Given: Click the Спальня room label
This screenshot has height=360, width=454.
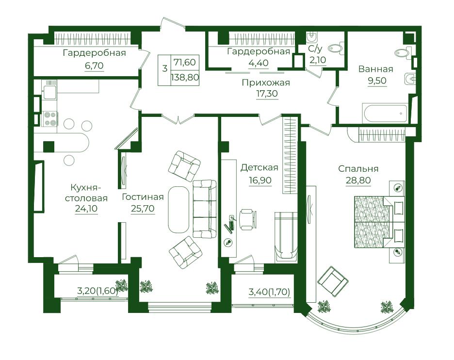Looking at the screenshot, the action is pyautogui.click(x=358, y=168).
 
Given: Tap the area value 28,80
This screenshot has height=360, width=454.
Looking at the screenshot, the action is pyautogui.click(x=358, y=180).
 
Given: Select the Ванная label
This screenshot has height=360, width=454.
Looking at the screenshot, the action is pyautogui.click(x=375, y=69).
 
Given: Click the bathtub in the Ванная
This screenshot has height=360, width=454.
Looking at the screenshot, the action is pyautogui.click(x=386, y=114).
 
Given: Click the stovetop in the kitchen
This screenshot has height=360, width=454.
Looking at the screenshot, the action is pyautogui.click(x=50, y=119).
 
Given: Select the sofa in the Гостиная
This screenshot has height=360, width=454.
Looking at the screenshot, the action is pyautogui.click(x=204, y=209).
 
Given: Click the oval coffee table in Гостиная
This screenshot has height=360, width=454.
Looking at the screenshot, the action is pyautogui.click(x=178, y=210).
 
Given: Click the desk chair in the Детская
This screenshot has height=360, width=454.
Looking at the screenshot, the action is pyautogui.click(x=247, y=219).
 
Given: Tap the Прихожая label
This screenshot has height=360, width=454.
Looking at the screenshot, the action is pyautogui.click(x=266, y=83).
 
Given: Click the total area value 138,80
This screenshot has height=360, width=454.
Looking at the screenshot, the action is pyautogui.click(x=185, y=77).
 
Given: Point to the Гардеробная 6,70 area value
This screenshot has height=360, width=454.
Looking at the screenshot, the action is pyautogui.click(x=95, y=66).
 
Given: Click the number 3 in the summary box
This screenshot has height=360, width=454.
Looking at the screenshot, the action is pyautogui.click(x=165, y=69).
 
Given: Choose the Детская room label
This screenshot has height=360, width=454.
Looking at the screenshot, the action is pyautogui.click(x=259, y=168).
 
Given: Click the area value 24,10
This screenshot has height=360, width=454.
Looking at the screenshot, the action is pyautogui.click(x=86, y=209).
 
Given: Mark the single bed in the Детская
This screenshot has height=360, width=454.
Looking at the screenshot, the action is pyautogui.click(x=286, y=237).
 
